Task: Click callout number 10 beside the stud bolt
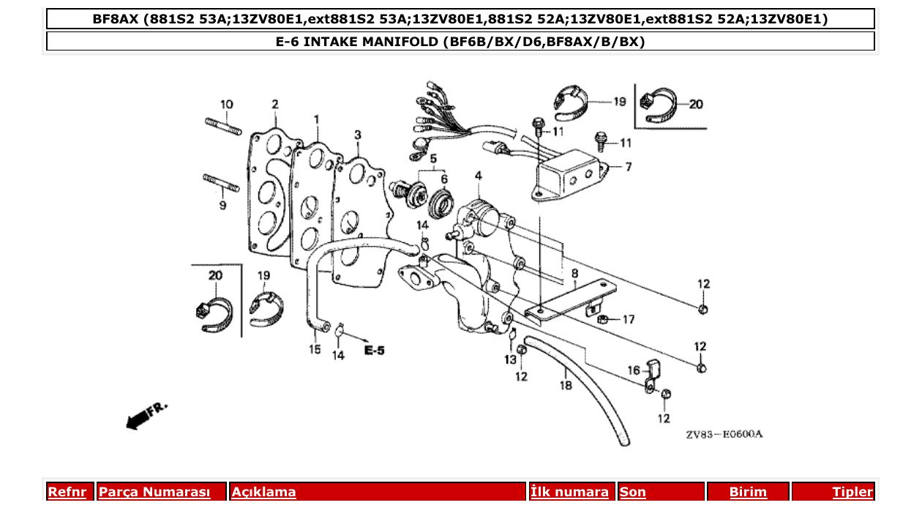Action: click(x=226, y=105)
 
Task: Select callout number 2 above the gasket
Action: click(x=275, y=105)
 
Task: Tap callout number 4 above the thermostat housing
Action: click(x=478, y=176)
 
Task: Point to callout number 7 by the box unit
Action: click(x=628, y=167)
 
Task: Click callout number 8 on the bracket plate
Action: click(x=575, y=274)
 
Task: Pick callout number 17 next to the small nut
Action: click(x=628, y=319)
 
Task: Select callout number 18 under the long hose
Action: click(x=566, y=385)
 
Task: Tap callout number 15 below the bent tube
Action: click(x=315, y=350)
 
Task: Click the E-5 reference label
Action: click(x=374, y=351)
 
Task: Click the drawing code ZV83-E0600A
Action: click(x=724, y=435)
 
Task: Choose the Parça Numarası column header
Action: click(x=154, y=492)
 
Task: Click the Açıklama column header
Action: click(x=264, y=492)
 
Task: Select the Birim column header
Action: click(x=748, y=492)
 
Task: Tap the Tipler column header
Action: click(x=852, y=492)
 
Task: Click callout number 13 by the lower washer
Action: click(x=510, y=359)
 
